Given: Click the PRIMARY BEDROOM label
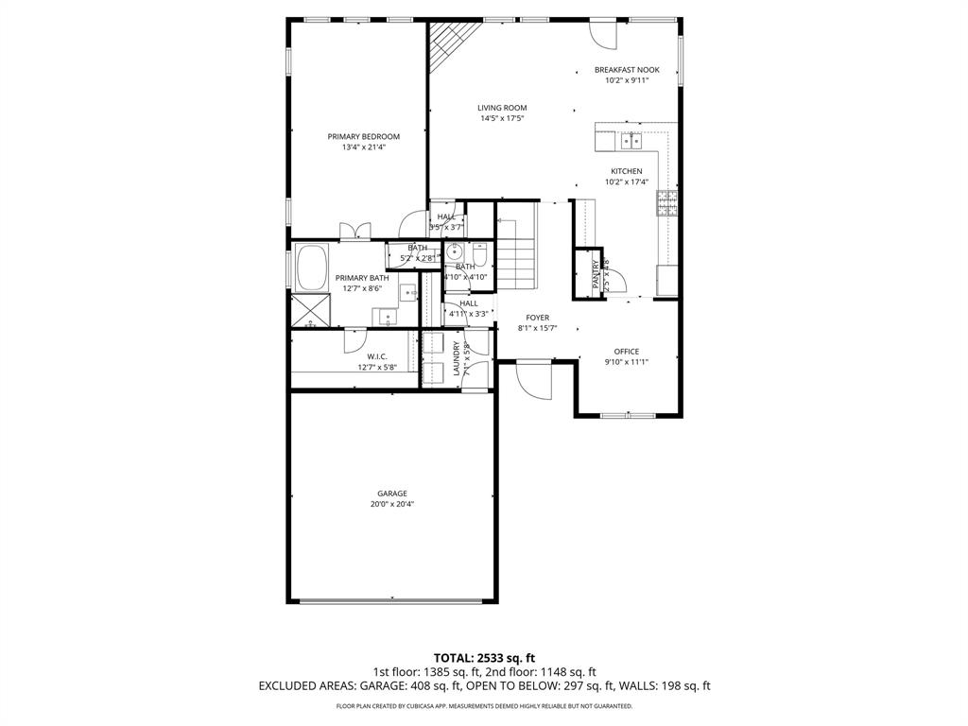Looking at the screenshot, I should click(363, 136).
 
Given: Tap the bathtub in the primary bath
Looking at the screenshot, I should click(311, 268).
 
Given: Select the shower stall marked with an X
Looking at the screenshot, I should click(310, 311).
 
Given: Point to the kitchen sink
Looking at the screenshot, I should click(631, 142).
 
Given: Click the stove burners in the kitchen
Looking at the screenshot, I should click(667, 203).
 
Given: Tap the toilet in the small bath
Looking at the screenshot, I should click(479, 254).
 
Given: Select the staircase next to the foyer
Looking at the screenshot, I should click(517, 254).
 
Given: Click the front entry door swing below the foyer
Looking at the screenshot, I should click(535, 381).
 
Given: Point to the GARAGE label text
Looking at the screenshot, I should click(392, 493).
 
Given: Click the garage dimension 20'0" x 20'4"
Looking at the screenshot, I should click(392, 505).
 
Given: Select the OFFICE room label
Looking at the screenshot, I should click(628, 352).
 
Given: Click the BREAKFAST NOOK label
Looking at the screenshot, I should click(627, 70).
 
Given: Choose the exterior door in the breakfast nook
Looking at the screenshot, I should click(602, 34).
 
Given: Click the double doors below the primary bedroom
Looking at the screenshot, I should click(355, 231).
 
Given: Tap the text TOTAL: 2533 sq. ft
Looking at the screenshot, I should click(484, 657).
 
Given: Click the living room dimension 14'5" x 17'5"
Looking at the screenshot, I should click(502, 119).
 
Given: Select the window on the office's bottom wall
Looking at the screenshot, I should click(628, 415).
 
